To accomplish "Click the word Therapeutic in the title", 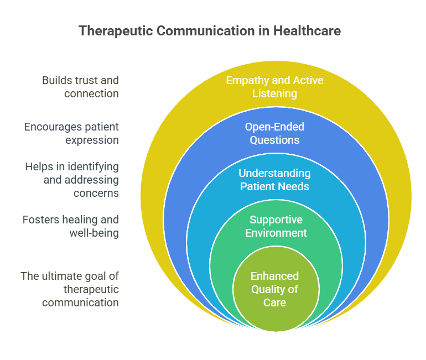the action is (x=116, y=31).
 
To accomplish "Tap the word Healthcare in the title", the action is (x=307, y=30).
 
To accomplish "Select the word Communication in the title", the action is (x=206, y=30).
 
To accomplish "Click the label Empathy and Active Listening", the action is (x=274, y=87).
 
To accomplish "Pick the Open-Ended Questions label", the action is (x=274, y=133).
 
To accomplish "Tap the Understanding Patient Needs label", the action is (x=274, y=180).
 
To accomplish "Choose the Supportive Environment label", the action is (x=276, y=226).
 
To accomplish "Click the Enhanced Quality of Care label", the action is (x=274, y=289).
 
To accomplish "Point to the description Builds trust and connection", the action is (x=80, y=87).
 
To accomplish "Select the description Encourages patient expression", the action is (x=71, y=133).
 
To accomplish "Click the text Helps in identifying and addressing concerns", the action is (x=72, y=180).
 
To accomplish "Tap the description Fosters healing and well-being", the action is (x=71, y=226).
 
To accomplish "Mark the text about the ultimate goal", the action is (x=70, y=289).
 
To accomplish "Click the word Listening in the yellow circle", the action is (x=274, y=93).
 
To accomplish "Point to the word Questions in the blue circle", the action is (x=274, y=140).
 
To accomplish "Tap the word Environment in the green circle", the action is (x=276, y=233).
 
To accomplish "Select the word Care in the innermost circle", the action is (x=274, y=302).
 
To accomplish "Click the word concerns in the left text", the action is (x=96, y=193).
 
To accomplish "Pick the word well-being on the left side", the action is (x=94, y=233).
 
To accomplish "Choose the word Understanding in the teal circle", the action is (x=274, y=173).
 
